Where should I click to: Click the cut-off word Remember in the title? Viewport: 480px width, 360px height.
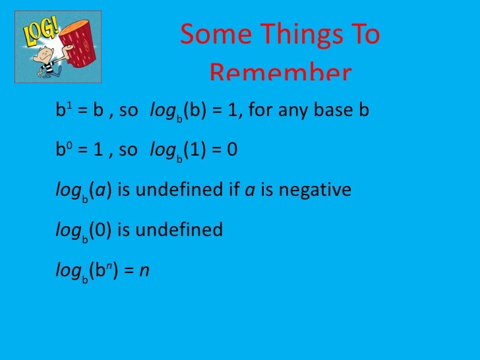coord(281,73)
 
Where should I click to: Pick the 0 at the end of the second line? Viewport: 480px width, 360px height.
coord(232,150)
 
